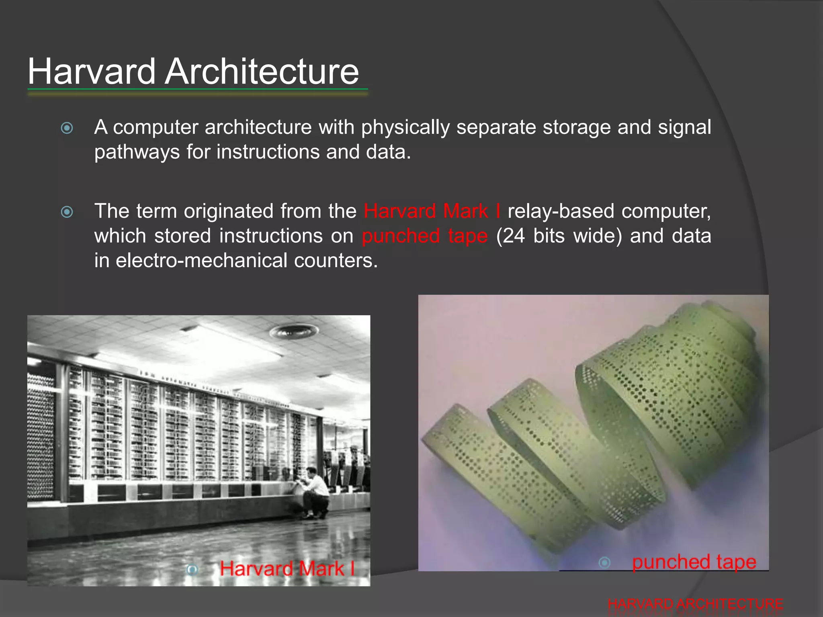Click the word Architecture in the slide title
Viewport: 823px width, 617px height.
tap(262, 72)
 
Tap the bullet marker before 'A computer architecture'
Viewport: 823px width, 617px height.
tap(67, 128)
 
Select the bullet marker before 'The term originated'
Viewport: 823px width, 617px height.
tap(67, 212)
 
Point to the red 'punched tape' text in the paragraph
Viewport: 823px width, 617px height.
tap(425, 236)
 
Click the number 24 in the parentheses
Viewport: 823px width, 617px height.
tap(514, 236)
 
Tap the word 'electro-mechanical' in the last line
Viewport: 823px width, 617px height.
tap(201, 260)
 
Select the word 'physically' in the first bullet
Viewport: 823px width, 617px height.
tap(405, 127)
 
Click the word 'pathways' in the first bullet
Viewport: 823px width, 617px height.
tap(137, 152)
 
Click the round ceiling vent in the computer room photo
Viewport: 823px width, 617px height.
tap(294, 331)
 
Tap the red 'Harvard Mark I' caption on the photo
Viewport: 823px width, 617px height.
tap(287, 569)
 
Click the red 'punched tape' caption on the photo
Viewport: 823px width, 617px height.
tap(694, 562)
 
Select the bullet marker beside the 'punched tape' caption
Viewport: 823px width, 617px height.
tap(604, 562)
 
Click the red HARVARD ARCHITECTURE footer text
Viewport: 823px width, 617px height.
tap(695, 604)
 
